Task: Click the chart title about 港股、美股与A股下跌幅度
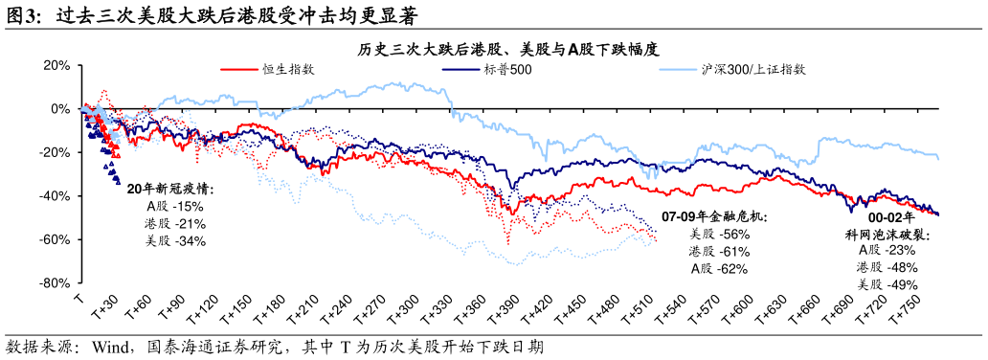(x=508, y=49)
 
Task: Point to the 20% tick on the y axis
(x=56, y=65)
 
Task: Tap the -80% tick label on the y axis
(x=55, y=283)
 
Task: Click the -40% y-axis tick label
(x=55, y=196)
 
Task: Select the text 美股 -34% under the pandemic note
(x=175, y=241)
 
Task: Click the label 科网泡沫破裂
(x=887, y=234)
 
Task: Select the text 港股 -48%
(x=887, y=267)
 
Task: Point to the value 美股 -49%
(x=887, y=284)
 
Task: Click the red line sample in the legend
(x=240, y=69)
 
